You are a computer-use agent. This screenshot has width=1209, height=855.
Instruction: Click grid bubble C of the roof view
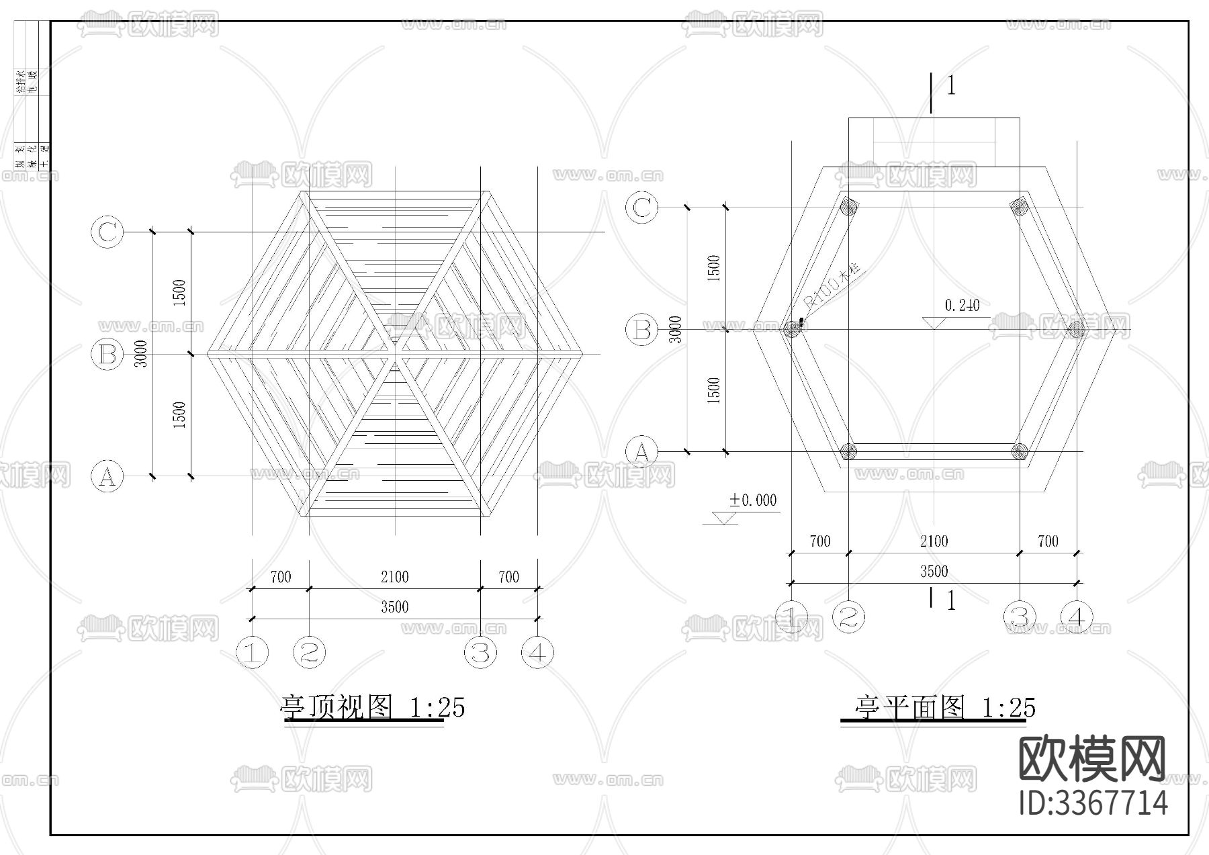[107, 232]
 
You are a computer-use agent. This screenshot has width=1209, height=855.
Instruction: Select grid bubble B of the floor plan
[641, 330]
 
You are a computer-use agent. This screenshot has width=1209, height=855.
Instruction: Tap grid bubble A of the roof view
[107, 476]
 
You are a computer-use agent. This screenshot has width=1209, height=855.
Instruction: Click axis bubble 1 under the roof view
[253, 651]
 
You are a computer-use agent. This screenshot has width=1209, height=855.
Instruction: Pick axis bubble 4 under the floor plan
[1077, 617]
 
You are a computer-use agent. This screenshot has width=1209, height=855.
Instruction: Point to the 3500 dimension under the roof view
[394, 607]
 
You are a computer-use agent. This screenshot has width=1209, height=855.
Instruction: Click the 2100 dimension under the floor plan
[934, 541]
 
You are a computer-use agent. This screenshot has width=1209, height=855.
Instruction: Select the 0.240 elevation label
[962, 306]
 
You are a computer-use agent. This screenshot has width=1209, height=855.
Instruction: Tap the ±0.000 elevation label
[753, 500]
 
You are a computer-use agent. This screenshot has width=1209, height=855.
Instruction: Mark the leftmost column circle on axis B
[793, 329]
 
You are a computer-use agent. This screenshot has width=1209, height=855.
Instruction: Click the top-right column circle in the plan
[1020, 206]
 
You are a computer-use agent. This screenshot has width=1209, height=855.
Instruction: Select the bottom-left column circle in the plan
[849, 451]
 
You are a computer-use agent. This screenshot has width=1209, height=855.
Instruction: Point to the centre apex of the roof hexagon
[395, 354]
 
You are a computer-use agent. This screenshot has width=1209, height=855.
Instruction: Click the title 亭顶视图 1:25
[372, 707]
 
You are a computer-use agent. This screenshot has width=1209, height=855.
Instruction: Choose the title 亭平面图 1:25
[944, 707]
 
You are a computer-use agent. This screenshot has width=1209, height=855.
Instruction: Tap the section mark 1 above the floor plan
[950, 86]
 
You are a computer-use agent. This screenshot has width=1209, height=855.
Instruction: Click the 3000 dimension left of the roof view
[141, 353]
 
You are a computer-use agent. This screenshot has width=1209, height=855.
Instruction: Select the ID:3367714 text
[1093, 803]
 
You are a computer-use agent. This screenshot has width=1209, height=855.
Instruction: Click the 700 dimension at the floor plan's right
[1047, 541]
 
